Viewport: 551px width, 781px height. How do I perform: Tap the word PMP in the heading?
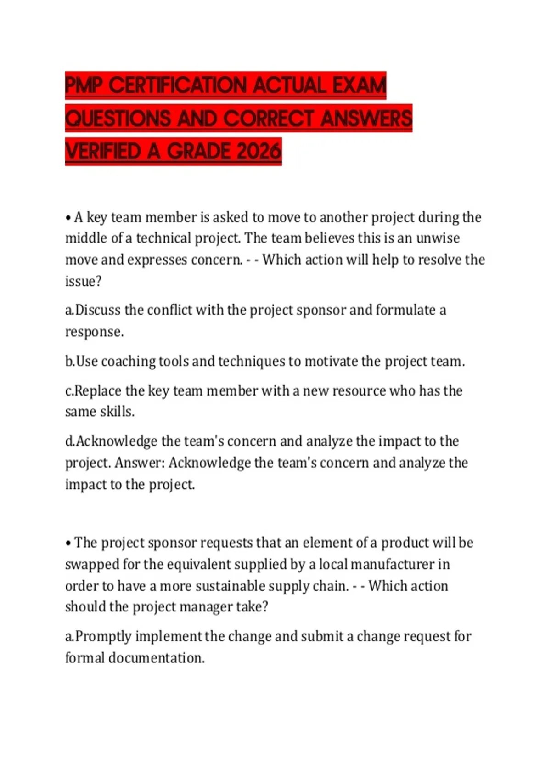tap(84, 85)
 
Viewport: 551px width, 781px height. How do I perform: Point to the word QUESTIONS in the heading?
tap(118, 119)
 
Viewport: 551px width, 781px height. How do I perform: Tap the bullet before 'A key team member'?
tap(68, 218)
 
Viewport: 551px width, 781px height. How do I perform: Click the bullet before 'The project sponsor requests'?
tap(68, 543)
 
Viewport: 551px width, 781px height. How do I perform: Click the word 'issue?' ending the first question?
tap(83, 281)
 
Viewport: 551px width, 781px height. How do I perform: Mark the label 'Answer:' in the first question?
tap(140, 463)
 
